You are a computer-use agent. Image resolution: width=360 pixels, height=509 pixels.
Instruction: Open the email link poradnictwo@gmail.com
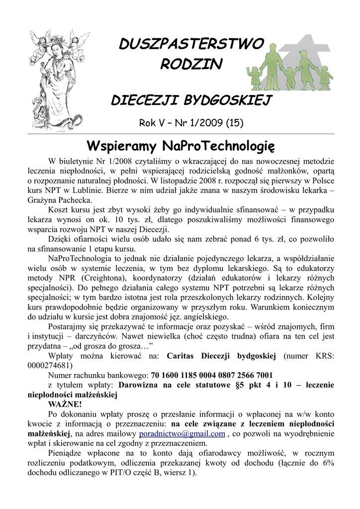click(x=182, y=433)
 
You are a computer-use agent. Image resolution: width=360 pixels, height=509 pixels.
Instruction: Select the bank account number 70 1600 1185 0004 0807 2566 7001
click(x=212, y=375)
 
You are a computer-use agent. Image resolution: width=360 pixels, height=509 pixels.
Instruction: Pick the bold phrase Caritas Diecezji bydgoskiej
click(x=221, y=356)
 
